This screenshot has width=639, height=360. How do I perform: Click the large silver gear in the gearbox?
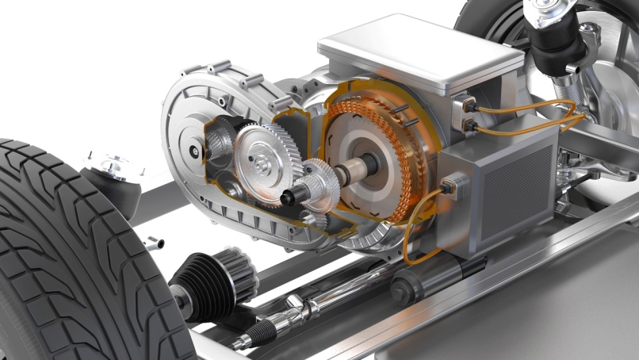(x=265, y=154)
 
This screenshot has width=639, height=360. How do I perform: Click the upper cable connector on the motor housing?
(x=465, y=104)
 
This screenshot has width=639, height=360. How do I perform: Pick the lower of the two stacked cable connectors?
(x=469, y=122)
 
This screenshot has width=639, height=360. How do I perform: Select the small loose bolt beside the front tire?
(x=155, y=243)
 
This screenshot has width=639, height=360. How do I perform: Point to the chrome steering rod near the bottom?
(x=317, y=305)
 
